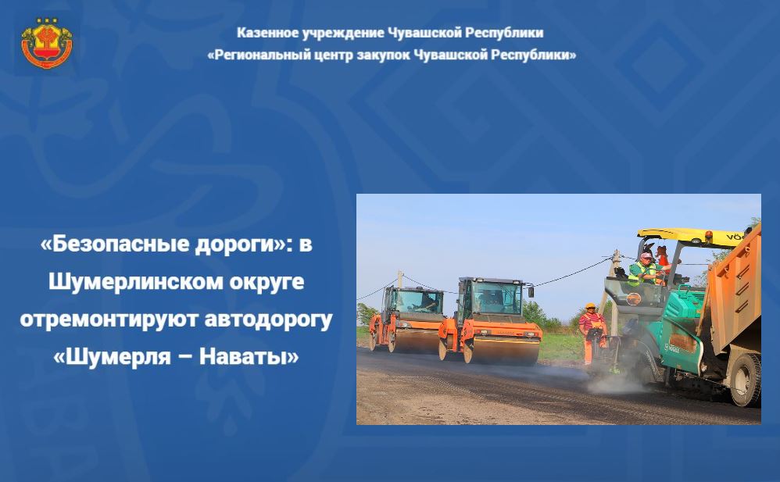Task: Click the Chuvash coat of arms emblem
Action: coord(47,43)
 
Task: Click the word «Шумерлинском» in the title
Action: coord(135,281)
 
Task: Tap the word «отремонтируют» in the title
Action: coord(109,320)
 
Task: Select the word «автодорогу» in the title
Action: coord(268,320)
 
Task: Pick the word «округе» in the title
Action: coord(267,282)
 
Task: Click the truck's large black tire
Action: coord(745,380)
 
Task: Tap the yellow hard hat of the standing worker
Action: coord(591,305)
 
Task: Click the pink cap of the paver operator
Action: coord(646,255)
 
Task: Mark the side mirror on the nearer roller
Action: coord(531,291)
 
